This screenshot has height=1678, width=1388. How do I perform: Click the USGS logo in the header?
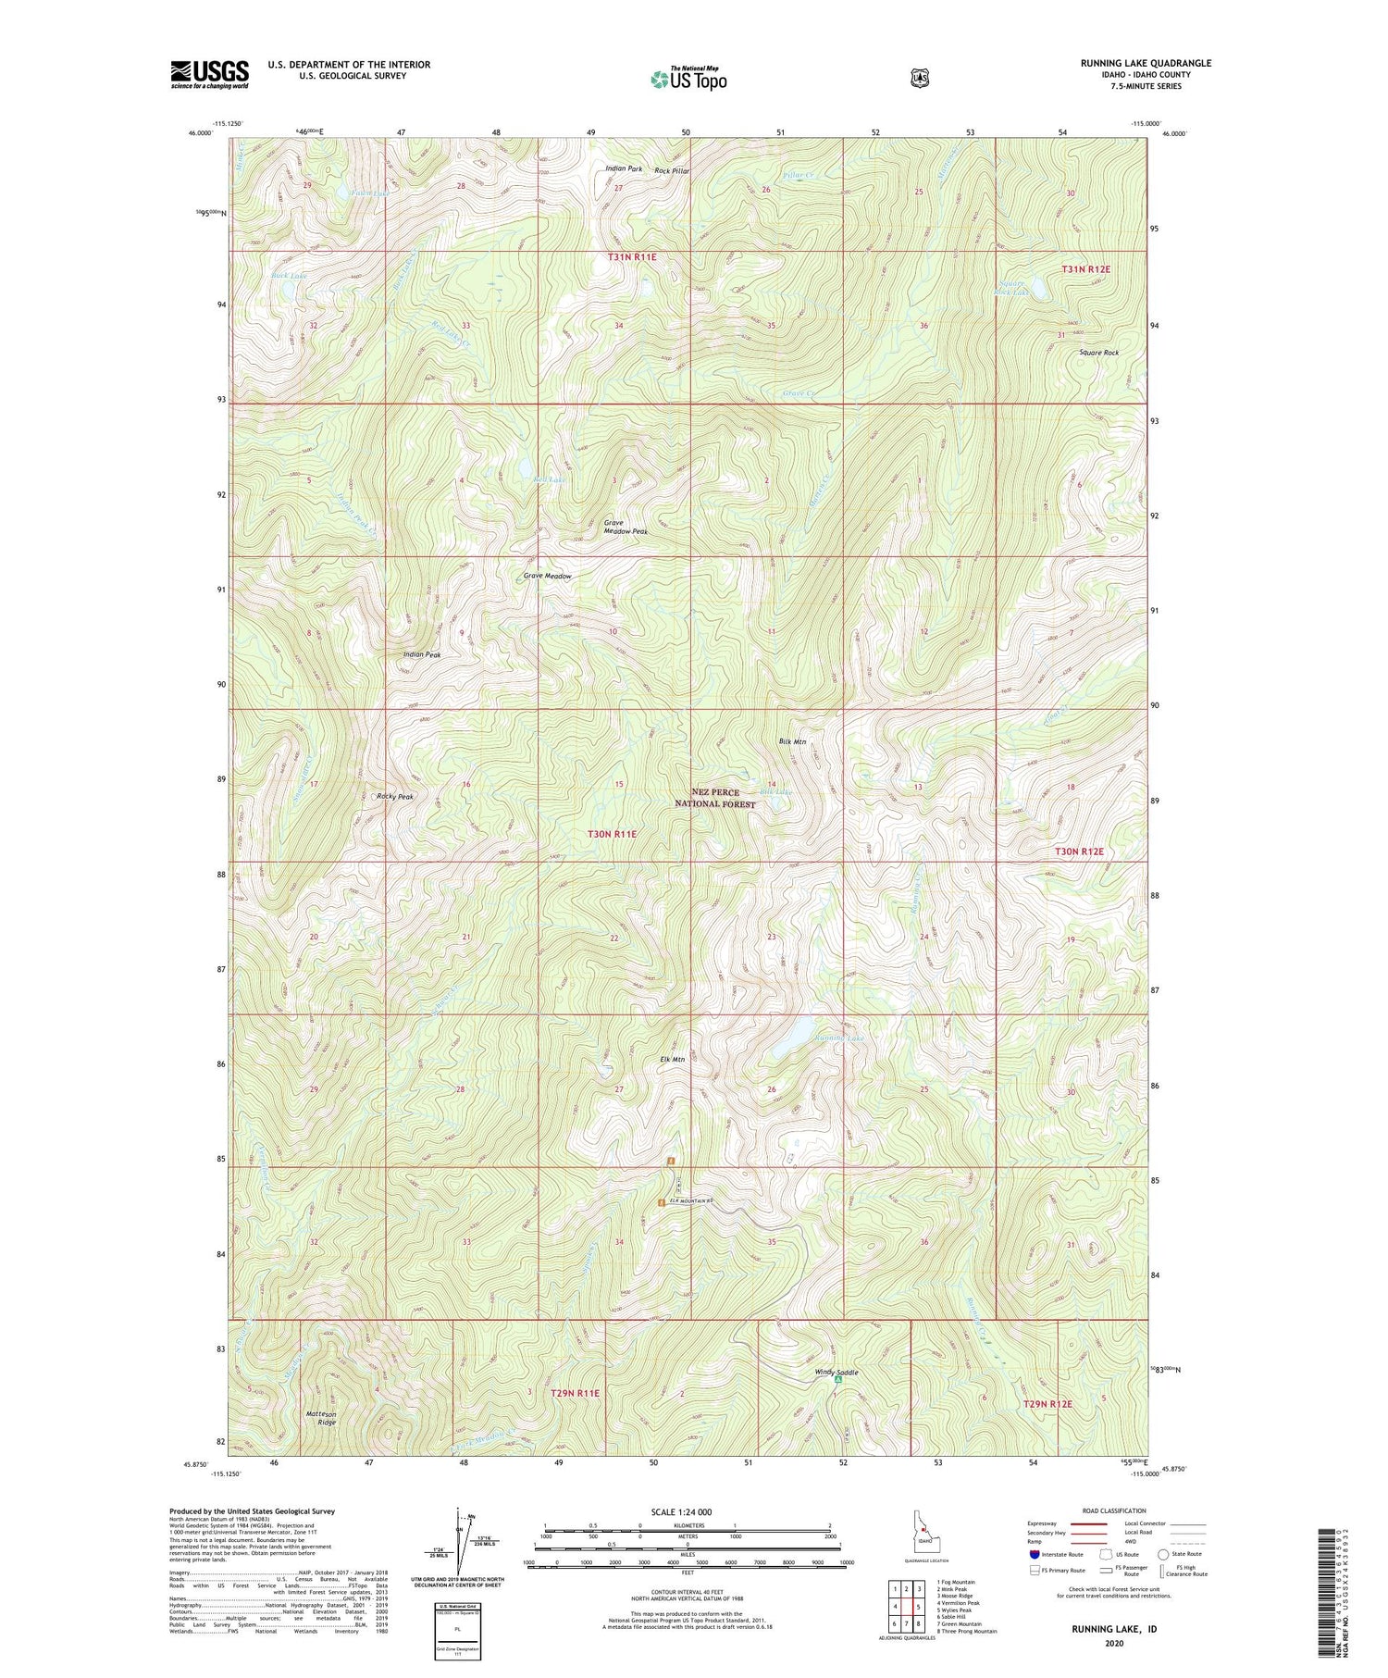(209, 73)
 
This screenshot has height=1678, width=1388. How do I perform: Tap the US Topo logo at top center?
(688, 79)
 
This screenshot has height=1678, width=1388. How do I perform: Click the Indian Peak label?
(422, 654)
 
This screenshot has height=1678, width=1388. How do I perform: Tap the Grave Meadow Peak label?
(626, 527)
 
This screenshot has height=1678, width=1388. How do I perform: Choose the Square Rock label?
(1098, 353)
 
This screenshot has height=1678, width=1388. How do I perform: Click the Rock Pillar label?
(672, 171)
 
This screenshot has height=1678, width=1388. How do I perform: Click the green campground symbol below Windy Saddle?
(837, 1381)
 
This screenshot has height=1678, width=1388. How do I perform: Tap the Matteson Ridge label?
(321, 1418)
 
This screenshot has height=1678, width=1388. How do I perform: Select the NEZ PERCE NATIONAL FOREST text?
(724, 798)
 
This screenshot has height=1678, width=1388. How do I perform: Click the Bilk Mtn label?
(792, 741)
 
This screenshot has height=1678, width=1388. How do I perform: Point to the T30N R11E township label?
(613, 834)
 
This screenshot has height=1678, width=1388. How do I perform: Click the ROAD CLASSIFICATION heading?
(1114, 1510)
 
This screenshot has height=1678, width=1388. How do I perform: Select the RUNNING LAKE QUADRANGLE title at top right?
(1146, 63)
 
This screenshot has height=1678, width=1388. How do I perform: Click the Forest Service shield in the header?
(919, 79)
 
